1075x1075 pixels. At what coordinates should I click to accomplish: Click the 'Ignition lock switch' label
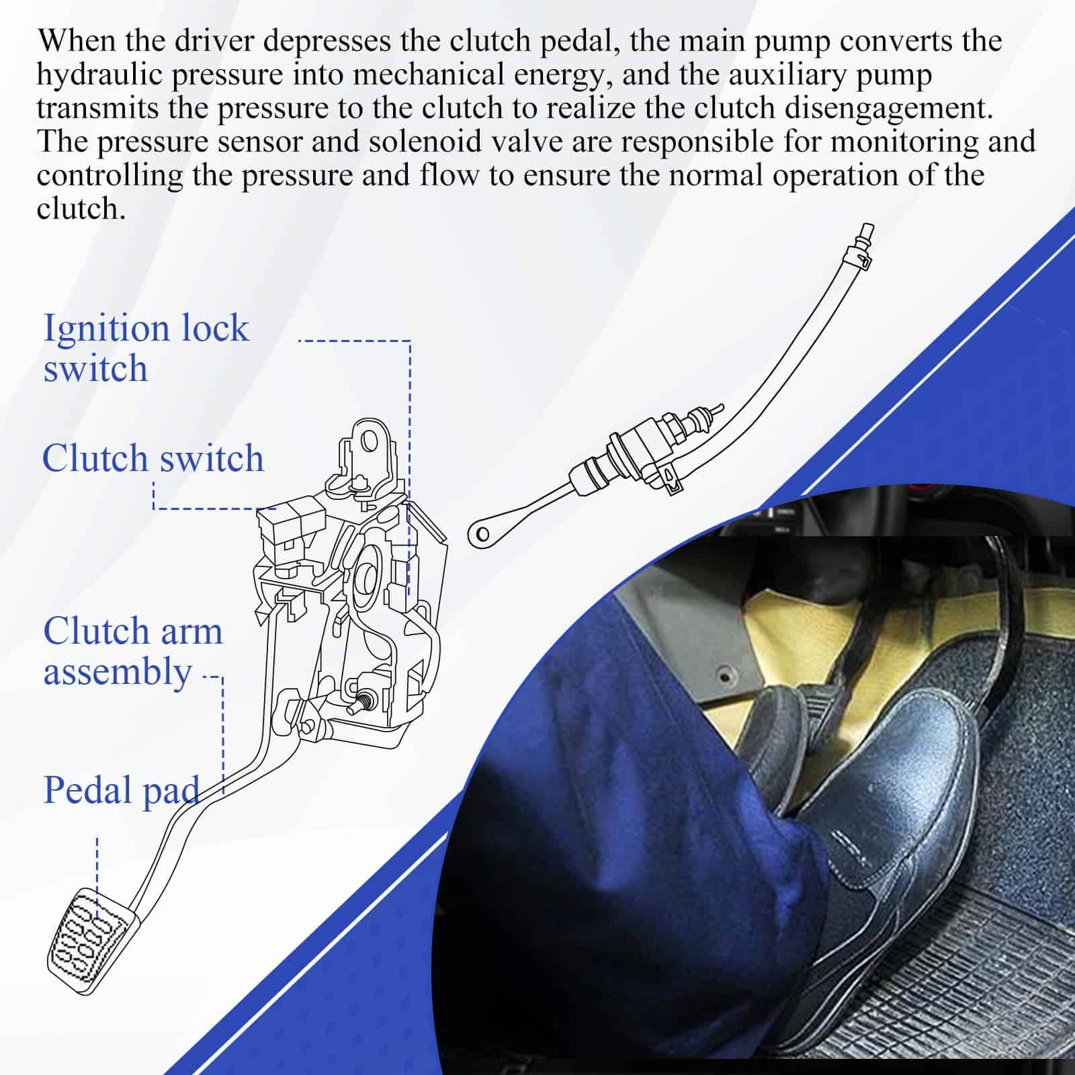tap(146, 348)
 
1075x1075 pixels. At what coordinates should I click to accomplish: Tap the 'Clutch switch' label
tap(153, 458)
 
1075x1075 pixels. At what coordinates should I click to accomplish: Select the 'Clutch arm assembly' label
tap(132, 651)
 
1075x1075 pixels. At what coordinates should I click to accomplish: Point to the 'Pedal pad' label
tap(121, 790)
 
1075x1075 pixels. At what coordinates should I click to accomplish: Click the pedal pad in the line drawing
tap(91, 941)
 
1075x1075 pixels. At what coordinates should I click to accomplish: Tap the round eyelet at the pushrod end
tap(481, 534)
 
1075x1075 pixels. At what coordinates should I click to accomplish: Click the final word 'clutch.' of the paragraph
tap(81, 209)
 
